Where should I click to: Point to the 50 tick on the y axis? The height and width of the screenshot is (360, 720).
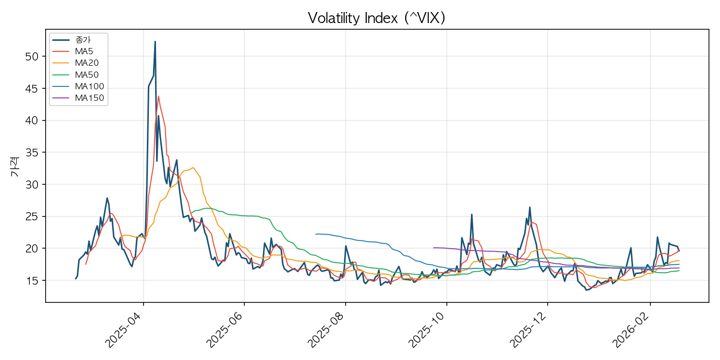pyautogui.click(x=31, y=56)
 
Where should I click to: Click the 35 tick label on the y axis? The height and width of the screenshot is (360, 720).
pyautogui.click(x=31, y=152)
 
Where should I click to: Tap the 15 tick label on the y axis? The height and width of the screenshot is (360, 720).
pyautogui.click(x=31, y=280)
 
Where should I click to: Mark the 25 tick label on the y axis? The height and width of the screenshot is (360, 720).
pyautogui.click(x=31, y=216)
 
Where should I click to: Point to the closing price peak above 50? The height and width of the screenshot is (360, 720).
pyautogui.click(x=155, y=42)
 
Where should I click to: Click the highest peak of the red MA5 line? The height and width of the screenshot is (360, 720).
pyautogui.click(x=158, y=96)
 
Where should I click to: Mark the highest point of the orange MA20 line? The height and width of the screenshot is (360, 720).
pyautogui.click(x=193, y=168)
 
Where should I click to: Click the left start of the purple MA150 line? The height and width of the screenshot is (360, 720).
pyautogui.click(x=433, y=248)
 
